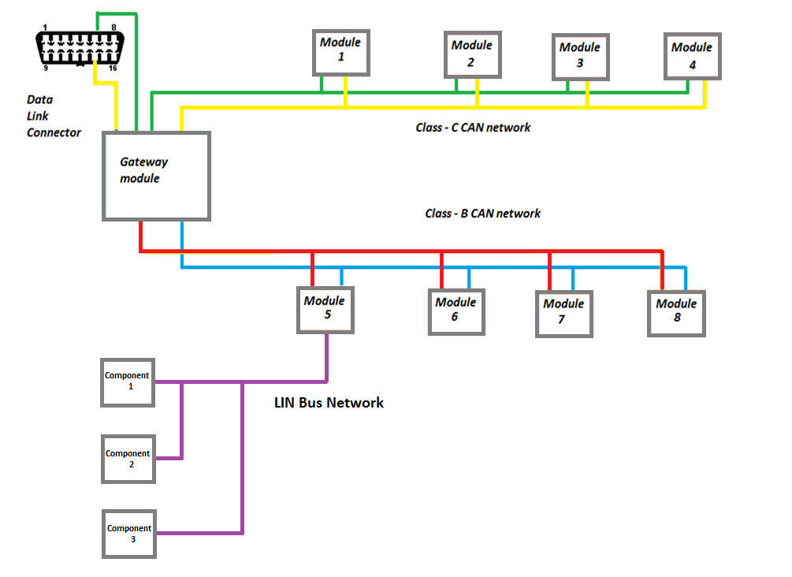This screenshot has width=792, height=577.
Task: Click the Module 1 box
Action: click(342, 53)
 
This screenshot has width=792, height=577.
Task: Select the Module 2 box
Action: click(472, 55)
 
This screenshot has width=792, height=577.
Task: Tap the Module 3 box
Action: click(580, 58)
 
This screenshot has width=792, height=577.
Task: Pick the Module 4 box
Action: click(693, 57)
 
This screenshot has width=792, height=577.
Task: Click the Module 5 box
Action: click(325, 309)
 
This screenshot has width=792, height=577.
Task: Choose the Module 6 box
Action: click(456, 311)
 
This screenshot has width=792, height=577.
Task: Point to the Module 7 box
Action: click(563, 314)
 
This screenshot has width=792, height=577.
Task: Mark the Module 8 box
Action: click(676, 313)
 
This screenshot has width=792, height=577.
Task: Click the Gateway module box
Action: click(156, 176)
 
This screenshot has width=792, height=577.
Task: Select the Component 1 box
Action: click(128, 382)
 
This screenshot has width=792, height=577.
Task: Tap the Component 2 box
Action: click(128, 460)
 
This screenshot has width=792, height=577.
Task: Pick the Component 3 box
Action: click(129, 534)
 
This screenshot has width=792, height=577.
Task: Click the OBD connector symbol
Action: click(79, 50)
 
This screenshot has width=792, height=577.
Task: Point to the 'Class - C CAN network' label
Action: click(473, 128)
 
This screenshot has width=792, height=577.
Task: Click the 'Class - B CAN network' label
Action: click(482, 214)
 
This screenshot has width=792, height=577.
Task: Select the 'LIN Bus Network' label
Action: click(329, 403)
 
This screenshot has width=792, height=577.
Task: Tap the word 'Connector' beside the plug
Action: click(54, 132)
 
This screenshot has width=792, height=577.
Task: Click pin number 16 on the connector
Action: click(113, 69)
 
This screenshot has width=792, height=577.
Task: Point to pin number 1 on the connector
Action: click(45, 28)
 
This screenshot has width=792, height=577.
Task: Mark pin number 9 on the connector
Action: click(45, 69)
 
